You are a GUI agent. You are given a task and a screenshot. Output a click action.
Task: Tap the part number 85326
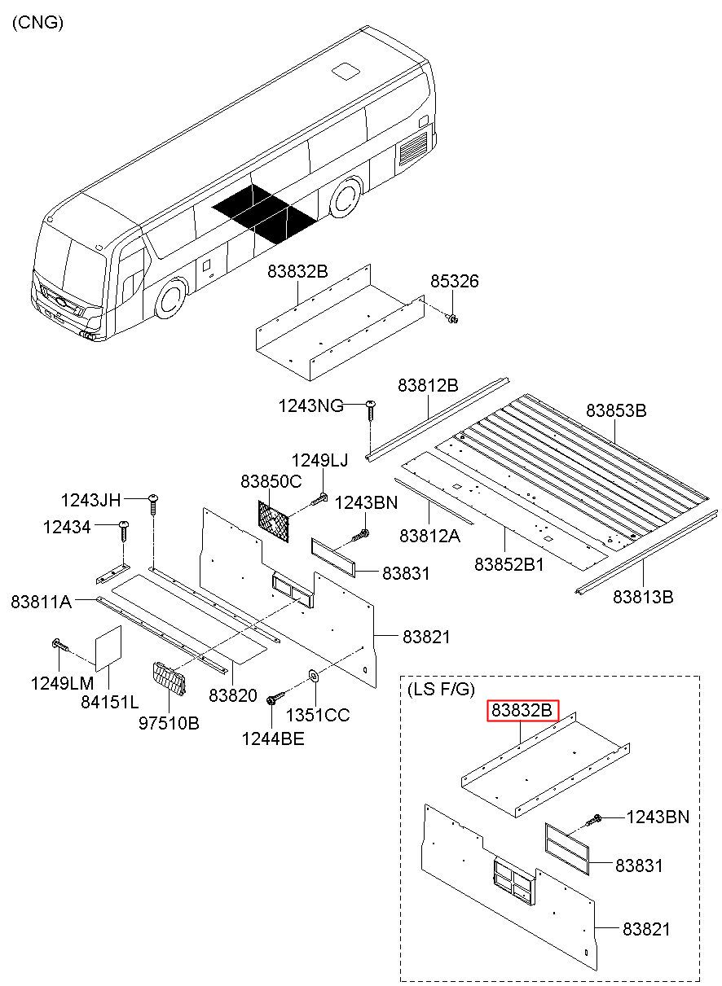pos(455,282)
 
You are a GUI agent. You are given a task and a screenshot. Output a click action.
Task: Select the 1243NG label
pos(310,405)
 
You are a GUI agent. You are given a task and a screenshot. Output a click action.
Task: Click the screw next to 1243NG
pos(371,407)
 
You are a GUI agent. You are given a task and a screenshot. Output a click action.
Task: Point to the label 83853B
pos(616,411)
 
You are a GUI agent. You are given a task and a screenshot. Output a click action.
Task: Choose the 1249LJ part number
pos(319,461)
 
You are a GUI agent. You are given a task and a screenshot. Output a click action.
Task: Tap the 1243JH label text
pos(90,499)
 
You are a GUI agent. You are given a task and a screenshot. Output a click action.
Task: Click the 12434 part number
pos(67,528)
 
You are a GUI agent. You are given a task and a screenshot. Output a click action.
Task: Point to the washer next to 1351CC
pos(313,676)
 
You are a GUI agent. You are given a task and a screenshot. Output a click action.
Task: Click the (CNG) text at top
pos(37,23)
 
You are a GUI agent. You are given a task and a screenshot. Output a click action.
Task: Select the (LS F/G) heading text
pos(440,690)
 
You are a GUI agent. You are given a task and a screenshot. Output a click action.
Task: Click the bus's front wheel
pos(171,299)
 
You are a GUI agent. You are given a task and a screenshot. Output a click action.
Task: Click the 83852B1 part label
pos(509,563)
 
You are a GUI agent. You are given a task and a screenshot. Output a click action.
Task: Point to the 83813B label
pos(644,597)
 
